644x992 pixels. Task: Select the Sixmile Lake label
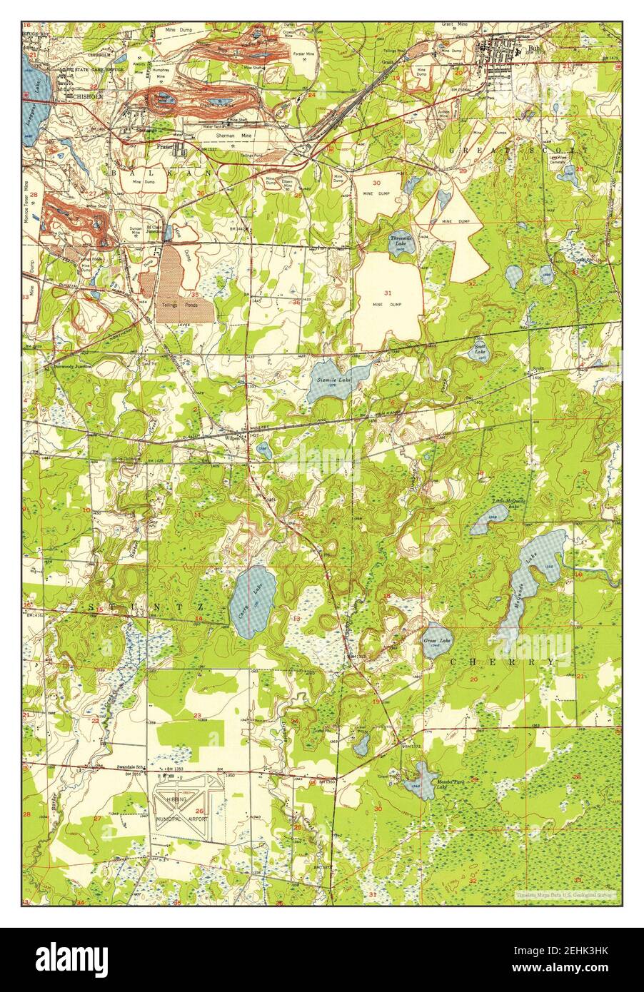pyautogui.click(x=333, y=380)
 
